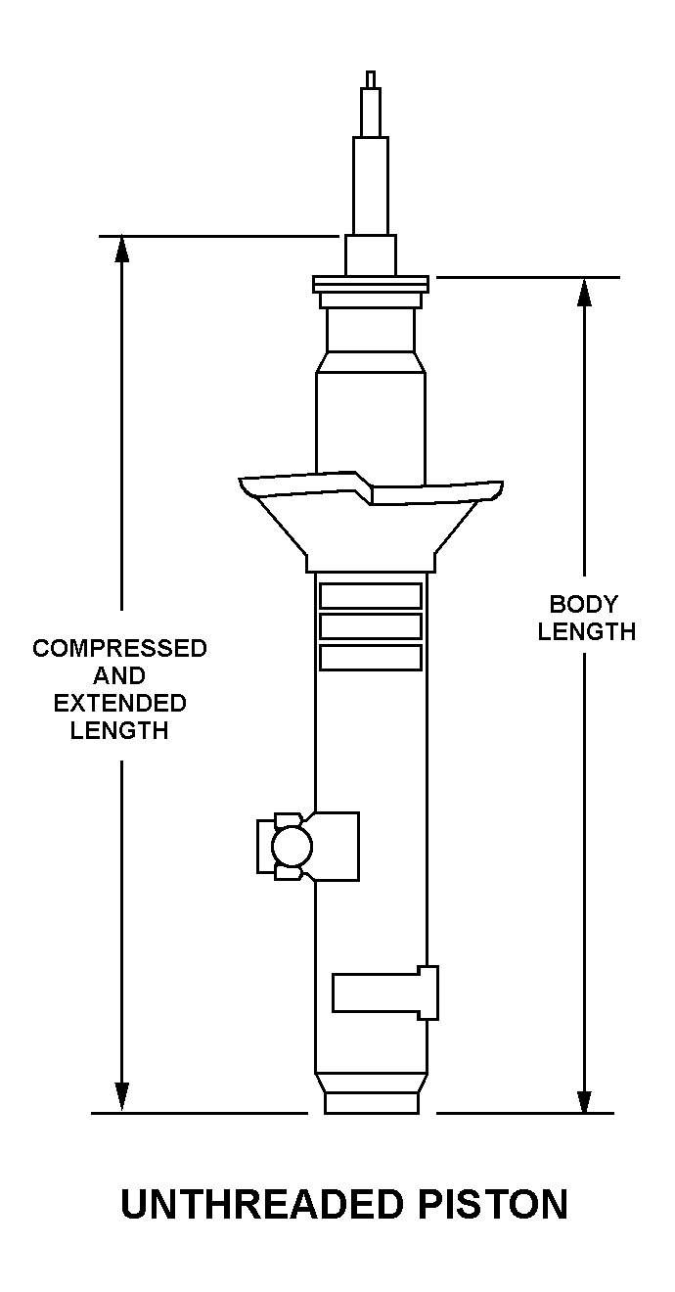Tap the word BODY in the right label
click(x=583, y=605)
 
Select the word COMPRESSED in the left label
click(x=119, y=648)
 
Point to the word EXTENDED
click(x=120, y=703)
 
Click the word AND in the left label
click(x=119, y=675)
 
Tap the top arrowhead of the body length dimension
click(x=584, y=292)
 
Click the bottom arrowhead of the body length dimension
click(x=584, y=1099)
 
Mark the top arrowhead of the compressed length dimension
click(x=121, y=250)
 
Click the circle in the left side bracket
click(x=292, y=846)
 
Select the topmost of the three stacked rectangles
click(x=371, y=596)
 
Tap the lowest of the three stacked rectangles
click(x=371, y=658)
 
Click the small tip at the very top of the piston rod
click(x=371, y=79)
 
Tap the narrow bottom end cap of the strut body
click(x=371, y=1102)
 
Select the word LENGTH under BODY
click(x=587, y=632)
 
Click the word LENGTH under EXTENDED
click(x=119, y=731)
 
